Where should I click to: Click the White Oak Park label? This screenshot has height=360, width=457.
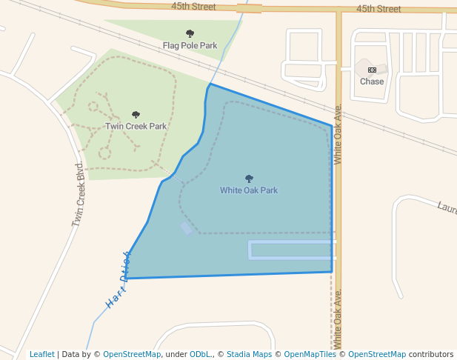pos(249,190)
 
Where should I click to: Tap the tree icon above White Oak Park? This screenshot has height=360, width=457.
pos(249,179)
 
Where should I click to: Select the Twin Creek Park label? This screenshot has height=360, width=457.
pos(136,126)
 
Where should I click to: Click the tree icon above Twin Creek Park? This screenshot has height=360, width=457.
pos(136,115)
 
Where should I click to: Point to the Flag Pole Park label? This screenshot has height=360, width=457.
pos(190,45)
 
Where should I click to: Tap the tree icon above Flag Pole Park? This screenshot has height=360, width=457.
pos(190,33)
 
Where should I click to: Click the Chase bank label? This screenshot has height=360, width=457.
pos(372,81)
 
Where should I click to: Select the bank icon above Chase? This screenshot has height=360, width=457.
pos(372,70)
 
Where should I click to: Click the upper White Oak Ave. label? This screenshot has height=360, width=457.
pos(338,133)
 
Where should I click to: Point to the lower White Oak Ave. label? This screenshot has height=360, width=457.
pos(338,319)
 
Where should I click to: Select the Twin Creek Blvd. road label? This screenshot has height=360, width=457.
pos(79,195)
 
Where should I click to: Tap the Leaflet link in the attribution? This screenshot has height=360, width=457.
pos(41,354)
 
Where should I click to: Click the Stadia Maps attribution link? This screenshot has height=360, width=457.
pos(249,354)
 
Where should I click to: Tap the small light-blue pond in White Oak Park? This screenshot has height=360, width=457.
pos(187,228)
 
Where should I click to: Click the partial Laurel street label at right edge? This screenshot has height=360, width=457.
pos(446,208)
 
